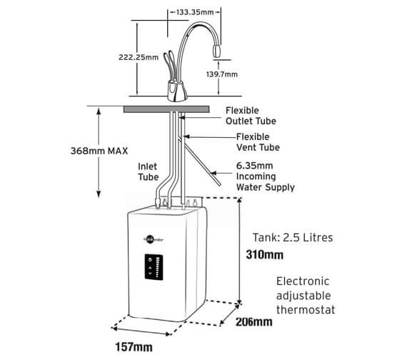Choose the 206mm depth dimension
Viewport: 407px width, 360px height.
click(x=253, y=322)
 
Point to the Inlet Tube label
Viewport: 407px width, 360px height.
click(x=148, y=171)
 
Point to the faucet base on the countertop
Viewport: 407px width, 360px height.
click(x=176, y=91)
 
